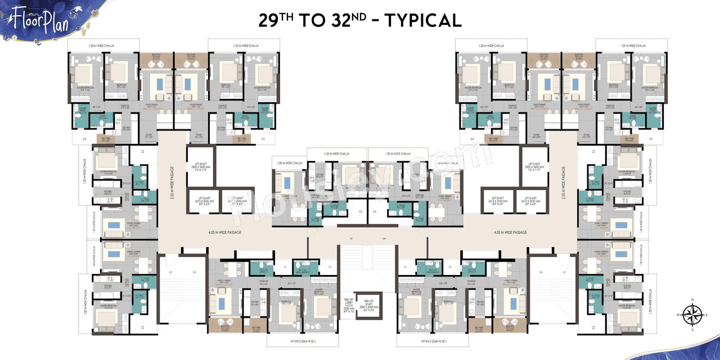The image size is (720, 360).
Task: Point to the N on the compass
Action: click(x=692, y=300)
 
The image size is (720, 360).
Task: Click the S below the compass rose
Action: click(x=692, y=330)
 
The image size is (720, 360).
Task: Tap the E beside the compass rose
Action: click(x=707, y=315)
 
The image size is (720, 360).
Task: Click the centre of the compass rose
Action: click(x=692, y=315)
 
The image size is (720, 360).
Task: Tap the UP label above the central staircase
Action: click(x=352, y=239)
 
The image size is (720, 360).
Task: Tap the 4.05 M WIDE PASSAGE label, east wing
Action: click(x=510, y=232)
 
